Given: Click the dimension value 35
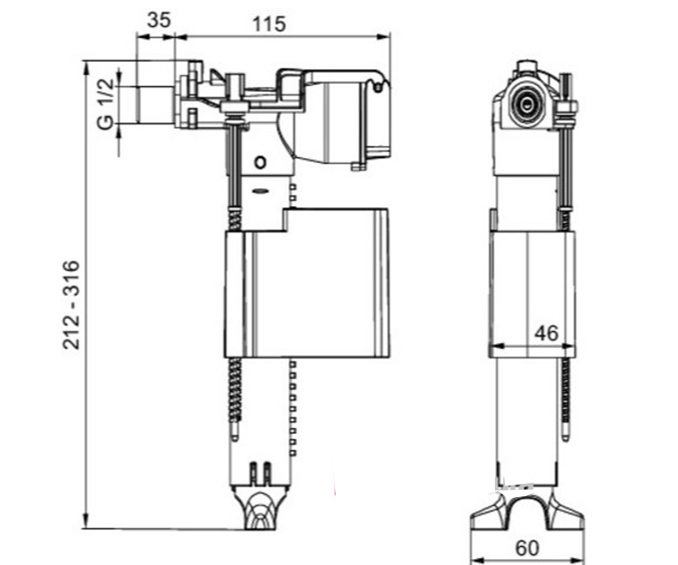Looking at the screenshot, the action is (159, 20).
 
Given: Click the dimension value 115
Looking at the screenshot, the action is (269, 24).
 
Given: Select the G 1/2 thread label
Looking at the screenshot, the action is (106, 104).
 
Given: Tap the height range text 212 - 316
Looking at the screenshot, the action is (71, 305).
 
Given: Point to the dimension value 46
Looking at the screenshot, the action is (546, 333).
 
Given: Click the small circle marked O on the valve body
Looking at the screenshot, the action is (260, 162).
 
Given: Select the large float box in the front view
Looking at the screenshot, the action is (307, 283).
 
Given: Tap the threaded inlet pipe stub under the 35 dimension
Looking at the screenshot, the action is (155, 105).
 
